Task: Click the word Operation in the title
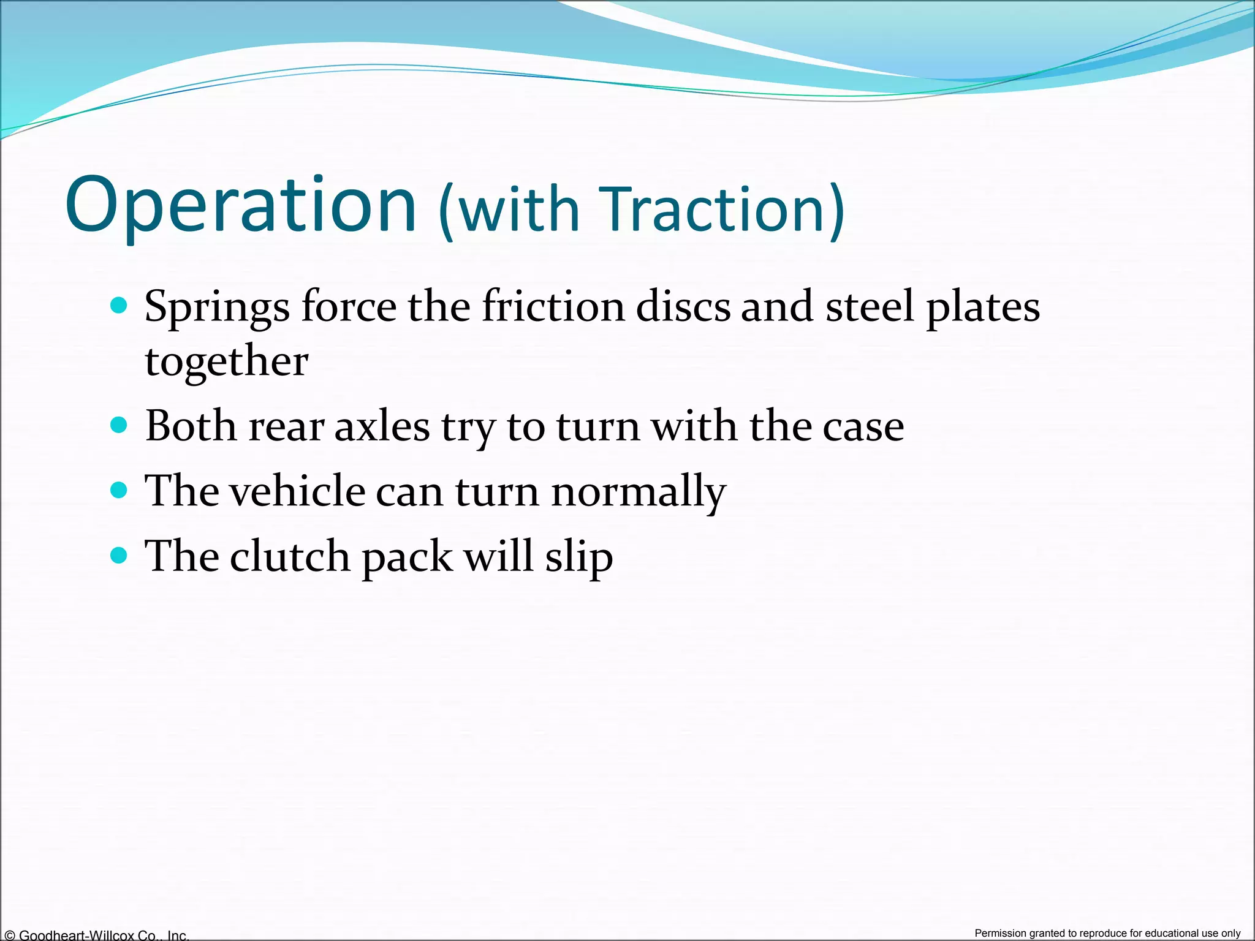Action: pos(241,205)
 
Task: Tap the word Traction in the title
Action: pos(714,210)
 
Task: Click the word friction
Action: pos(553,306)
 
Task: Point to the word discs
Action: pos(683,306)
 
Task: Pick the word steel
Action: pos(870,306)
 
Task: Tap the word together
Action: pos(226,362)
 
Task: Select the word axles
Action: pos(382,426)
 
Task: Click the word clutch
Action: pos(289,556)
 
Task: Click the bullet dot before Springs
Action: pos(119,305)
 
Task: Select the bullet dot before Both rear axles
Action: pos(119,425)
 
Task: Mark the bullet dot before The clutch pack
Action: pos(119,556)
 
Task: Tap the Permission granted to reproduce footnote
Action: pos(1107,933)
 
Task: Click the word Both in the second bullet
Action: pos(191,426)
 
